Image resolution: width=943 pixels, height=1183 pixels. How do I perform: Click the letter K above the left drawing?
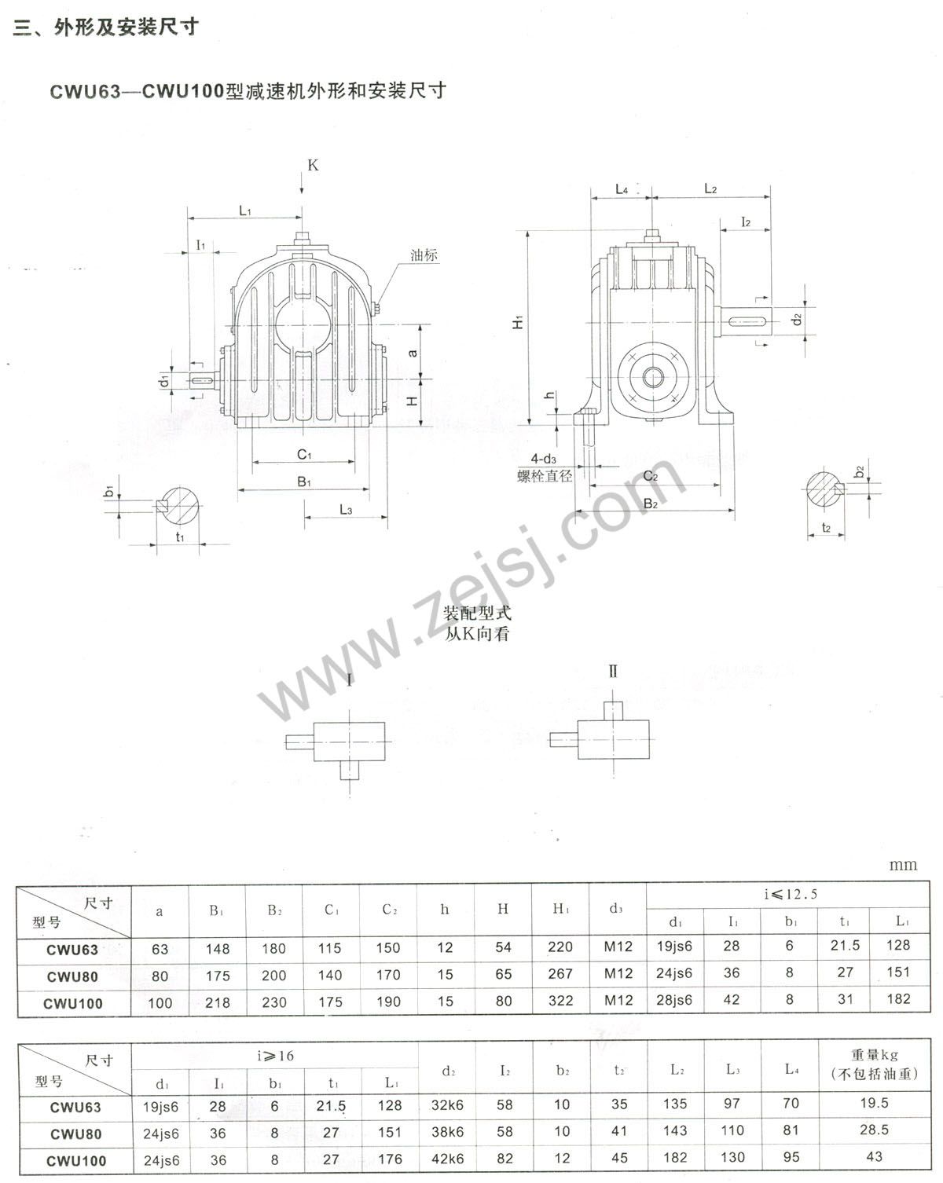click(313, 165)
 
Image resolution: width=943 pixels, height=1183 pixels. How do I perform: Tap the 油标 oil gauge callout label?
click(424, 255)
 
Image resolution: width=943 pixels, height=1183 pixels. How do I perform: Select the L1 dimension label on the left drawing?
click(245, 210)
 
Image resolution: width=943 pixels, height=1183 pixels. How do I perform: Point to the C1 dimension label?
click(304, 454)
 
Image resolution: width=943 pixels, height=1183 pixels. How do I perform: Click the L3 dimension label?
click(346, 510)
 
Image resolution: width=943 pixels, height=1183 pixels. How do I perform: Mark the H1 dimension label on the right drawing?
click(518, 322)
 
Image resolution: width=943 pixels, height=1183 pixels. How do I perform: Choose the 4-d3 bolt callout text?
click(543, 459)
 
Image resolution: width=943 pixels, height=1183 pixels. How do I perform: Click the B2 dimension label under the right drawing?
click(651, 504)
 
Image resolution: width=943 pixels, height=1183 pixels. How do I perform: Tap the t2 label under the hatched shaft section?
click(826, 527)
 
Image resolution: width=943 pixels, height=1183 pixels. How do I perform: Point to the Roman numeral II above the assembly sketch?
click(613, 671)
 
